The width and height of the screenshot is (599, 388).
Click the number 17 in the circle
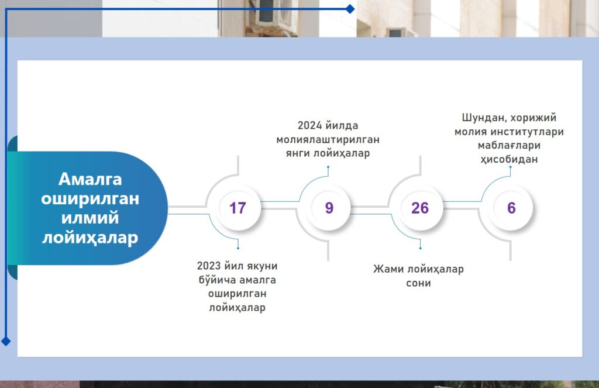coord(237,208)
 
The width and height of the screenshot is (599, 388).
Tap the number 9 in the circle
coord(329,208)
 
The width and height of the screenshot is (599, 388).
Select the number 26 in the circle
coord(420,208)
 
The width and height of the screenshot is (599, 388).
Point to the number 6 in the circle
coord(511,208)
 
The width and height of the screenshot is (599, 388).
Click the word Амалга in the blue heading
coord(90,179)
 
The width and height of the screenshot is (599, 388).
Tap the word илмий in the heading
coord(90,218)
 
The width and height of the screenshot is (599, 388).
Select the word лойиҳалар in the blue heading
coord(90,238)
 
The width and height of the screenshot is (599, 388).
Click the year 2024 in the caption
coord(309,125)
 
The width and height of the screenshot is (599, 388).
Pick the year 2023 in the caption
coord(208,266)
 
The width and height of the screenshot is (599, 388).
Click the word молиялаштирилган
coord(328,139)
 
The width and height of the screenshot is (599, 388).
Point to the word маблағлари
coord(510,146)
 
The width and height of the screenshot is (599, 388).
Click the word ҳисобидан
coord(510,159)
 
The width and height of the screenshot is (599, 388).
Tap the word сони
coord(418,283)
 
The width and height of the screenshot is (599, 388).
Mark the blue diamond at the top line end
coord(350,9)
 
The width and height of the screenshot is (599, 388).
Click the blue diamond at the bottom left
coord(6,341)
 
